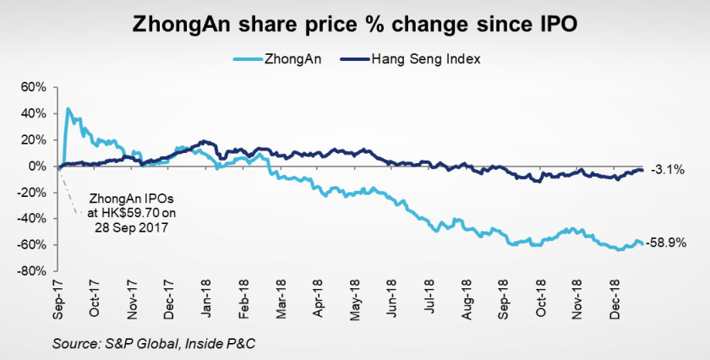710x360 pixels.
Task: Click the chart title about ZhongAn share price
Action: tap(355, 25)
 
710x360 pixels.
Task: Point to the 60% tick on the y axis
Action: tap(30, 87)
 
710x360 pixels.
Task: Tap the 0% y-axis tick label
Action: tap(35, 166)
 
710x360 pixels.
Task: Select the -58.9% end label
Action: tap(665, 243)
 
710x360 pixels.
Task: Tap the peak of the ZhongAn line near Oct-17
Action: tap(67, 108)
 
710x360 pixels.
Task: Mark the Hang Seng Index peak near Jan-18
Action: tap(203, 141)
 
